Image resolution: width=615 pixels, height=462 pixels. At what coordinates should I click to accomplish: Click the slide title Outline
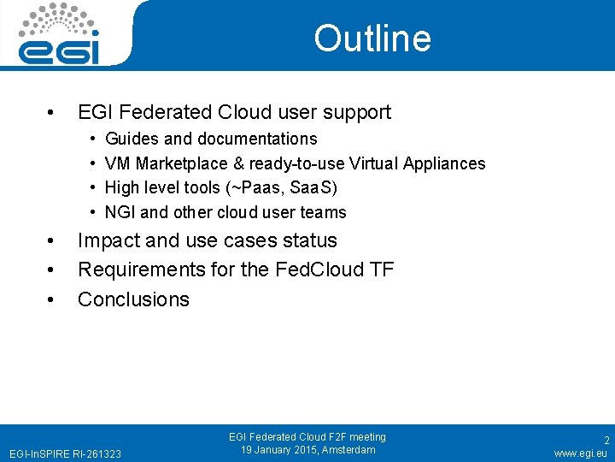click(372, 38)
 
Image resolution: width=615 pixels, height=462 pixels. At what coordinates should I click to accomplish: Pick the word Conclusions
click(133, 299)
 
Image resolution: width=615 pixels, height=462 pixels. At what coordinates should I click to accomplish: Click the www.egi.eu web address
click(580, 453)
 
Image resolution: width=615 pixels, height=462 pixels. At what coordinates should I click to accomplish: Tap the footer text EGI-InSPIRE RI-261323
click(65, 453)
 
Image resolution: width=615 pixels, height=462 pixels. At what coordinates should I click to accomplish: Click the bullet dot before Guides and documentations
click(91, 139)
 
